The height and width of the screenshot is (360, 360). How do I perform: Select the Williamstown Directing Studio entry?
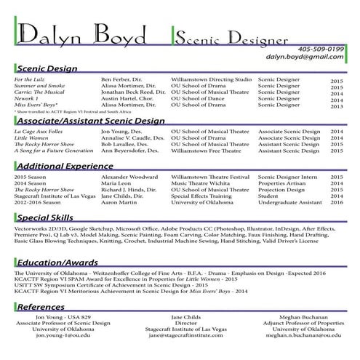pos(211,79)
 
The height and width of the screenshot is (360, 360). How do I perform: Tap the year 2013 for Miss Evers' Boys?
pos(337,107)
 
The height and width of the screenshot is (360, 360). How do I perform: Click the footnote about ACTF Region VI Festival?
pos(65,112)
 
